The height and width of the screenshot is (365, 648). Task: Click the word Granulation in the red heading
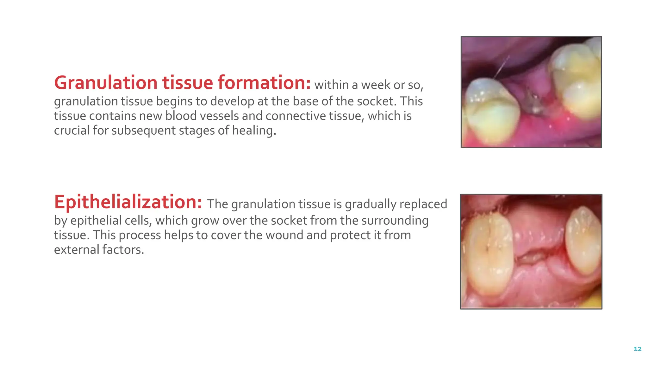tap(106, 83)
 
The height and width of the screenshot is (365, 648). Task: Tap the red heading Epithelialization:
tap(128, 202)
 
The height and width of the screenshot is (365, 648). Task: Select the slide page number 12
tap(637, 349)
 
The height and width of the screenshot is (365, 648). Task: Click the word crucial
tap(72, 131)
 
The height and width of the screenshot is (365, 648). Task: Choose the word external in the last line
tap(77, 250)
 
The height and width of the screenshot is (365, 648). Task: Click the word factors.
tap(123, 250)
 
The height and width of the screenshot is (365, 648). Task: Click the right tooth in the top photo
tap(576, 79)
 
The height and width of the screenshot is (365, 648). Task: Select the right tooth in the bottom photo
tap(582, 241)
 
